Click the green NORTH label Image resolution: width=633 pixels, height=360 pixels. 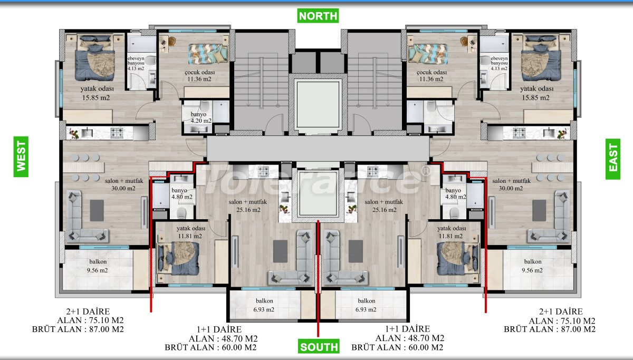[x=318, y=16]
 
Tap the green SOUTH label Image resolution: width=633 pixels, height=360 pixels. [x=319, y=346]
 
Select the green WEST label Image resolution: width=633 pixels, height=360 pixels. [x=21, y=157]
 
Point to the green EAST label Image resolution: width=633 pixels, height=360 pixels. [x=613, y=159]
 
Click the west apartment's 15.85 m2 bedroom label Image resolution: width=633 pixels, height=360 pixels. [x=97, y=93]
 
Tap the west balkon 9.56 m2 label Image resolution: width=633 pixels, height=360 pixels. [x=98, y=266]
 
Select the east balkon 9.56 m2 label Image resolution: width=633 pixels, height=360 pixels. [x=532, y=266]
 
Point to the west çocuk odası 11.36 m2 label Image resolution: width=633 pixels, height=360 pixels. [x=199, y=76]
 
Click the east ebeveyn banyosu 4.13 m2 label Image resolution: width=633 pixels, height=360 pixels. [x=499, y=63]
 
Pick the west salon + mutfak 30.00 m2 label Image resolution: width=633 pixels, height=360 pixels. [x=124, y=184]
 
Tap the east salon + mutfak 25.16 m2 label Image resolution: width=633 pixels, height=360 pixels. [x=384, y=206]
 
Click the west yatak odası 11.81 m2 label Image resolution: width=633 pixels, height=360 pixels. [x=191, y=232]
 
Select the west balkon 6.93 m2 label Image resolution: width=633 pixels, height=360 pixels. [x=264, y=305]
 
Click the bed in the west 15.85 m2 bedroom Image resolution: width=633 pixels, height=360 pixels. [x=95, y=58]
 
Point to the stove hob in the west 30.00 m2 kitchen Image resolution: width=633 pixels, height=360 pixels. [x=117, y=132]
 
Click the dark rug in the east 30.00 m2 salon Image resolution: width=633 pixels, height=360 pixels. [x=539, y=211]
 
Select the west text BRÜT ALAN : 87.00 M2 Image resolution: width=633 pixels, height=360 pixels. [x=78, y=329]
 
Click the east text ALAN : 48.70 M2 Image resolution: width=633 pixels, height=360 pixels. [x=409, y=338]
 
